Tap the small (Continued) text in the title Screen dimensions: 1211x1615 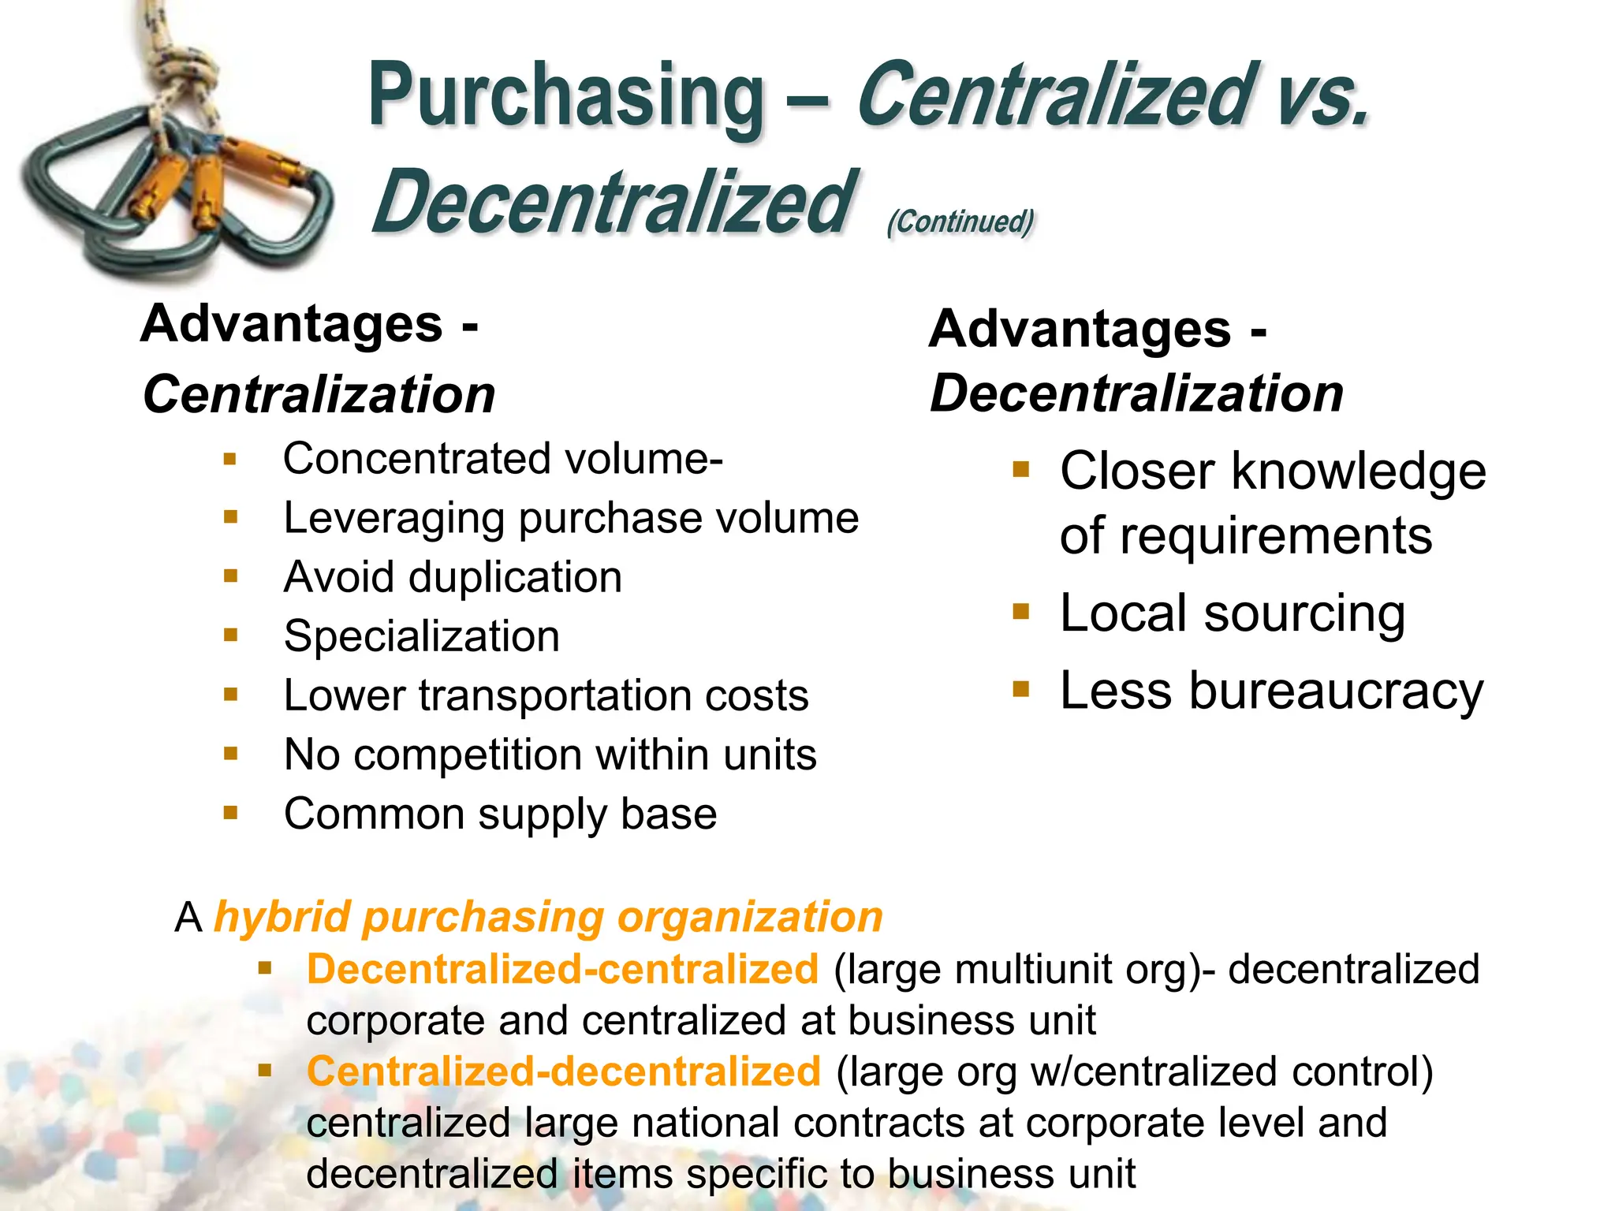point(960,222)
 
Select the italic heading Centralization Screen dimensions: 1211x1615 point(319,394)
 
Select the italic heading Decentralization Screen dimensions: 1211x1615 point(1136,393)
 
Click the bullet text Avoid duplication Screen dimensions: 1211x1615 point(453,577)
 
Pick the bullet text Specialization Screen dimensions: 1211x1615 point(422,636)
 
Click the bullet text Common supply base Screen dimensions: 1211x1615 point(500,814)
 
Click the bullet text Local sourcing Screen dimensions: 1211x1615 point(1232,613)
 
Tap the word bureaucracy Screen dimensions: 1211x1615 point(1336,691)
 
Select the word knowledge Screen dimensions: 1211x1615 point(1358,471)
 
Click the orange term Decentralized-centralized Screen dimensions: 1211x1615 point(562,969)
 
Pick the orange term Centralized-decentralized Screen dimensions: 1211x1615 point(564,1071)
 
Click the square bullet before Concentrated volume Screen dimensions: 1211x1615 point(230,459)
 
